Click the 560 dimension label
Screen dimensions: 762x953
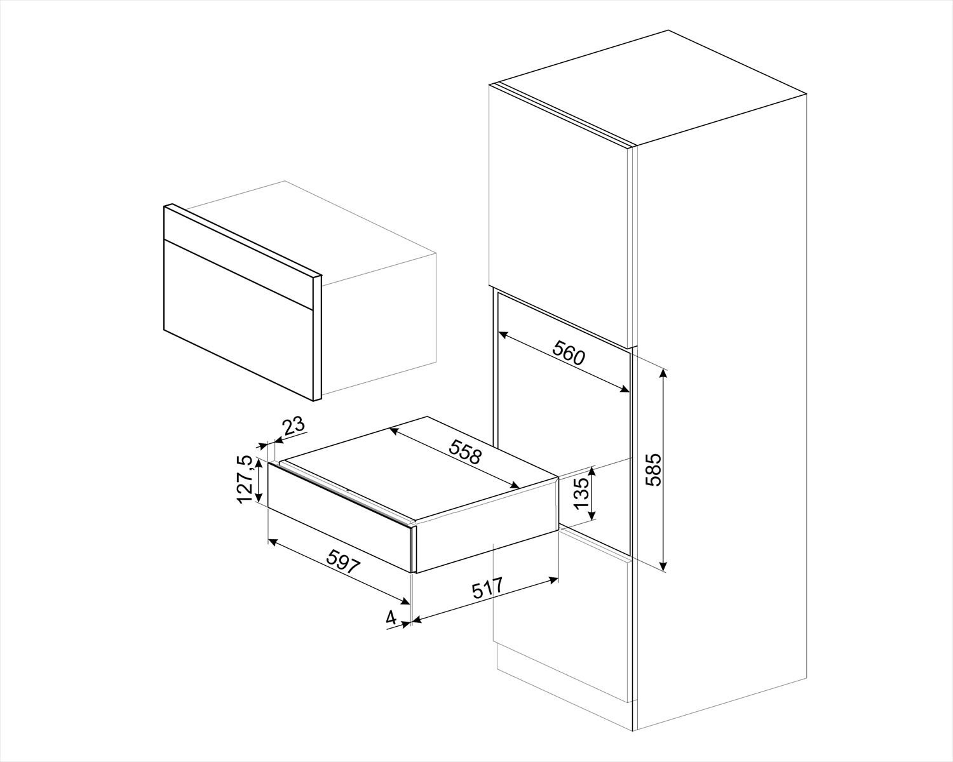[x=569, y=353]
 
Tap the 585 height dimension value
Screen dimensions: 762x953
[x=653, y=469]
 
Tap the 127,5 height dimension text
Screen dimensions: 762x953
[x=245, y=480]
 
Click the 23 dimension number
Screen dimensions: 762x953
[x=294, y=426]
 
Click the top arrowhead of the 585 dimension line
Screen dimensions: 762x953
[x=664, y=372]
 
